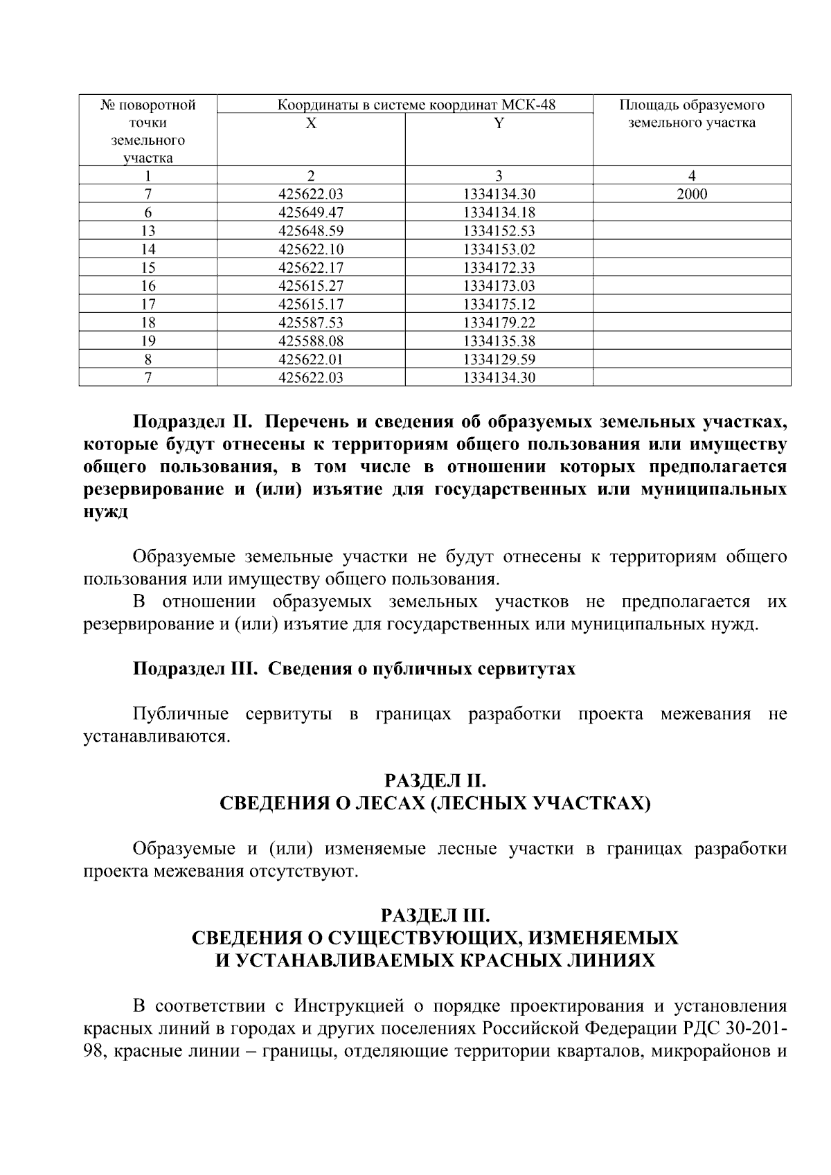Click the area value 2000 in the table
691,195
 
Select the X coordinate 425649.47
311,213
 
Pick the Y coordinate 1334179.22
499,323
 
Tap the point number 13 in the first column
148,231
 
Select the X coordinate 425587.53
311,323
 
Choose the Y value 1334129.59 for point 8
499,359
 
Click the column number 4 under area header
691,176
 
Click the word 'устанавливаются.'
156,737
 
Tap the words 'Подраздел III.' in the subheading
195,670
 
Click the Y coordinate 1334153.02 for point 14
499,249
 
